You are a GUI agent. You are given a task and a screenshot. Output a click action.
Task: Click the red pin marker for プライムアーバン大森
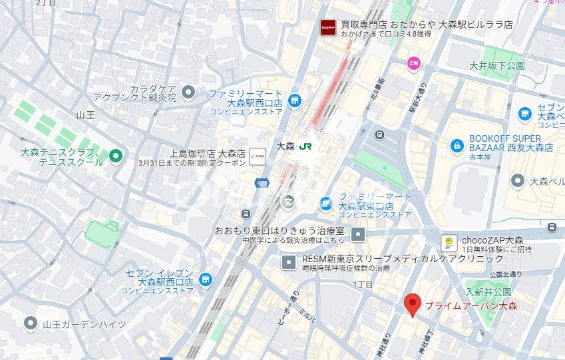point(413,305)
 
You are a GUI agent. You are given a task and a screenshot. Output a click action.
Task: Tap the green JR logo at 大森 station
point(305,146)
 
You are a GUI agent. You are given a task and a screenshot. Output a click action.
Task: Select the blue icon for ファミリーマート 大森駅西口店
point(295,100)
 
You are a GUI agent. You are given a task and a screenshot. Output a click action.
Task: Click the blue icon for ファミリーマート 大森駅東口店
point(325,203)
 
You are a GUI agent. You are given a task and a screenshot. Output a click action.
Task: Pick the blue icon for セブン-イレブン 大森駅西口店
point(205,279)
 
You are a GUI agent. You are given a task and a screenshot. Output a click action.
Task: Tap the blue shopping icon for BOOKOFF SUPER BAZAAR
point(457,145)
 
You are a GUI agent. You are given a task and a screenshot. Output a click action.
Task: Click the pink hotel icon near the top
point(413,63)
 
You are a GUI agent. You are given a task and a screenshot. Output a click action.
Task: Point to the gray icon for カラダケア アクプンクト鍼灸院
point(188,92)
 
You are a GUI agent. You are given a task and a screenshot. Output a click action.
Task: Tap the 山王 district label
point(86,115)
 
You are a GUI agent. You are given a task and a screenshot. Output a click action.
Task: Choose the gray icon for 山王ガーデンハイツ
point(31,324)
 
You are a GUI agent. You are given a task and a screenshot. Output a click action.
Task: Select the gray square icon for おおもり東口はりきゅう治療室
point(358,234)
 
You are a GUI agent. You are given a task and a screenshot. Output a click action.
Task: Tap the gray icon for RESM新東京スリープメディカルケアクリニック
point(288,262)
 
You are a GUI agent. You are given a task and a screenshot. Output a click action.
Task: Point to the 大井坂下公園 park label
point(496,66)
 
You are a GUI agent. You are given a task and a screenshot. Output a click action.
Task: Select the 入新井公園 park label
point(488,292)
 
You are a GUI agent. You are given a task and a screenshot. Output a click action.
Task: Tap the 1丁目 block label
point(364,284)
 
